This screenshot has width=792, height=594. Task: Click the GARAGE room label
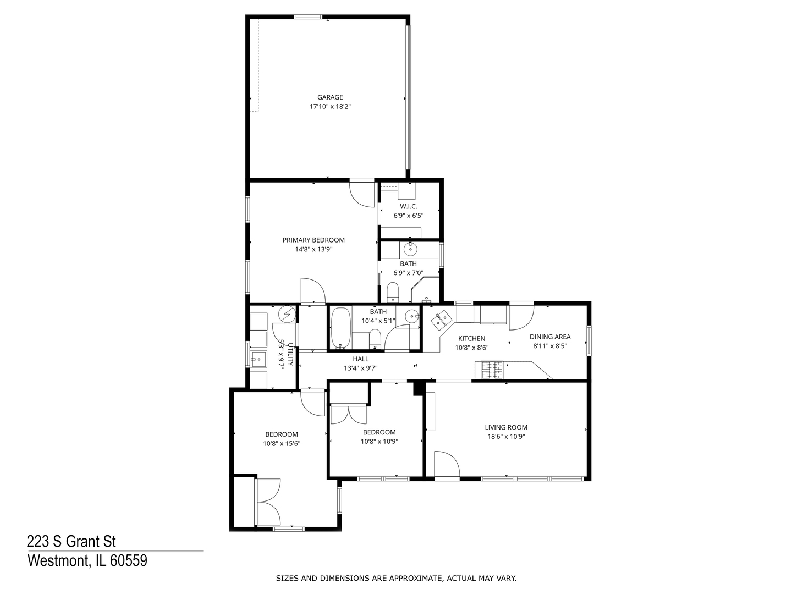tap(330, 97)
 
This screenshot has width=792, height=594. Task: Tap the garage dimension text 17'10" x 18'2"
tap(330, 107)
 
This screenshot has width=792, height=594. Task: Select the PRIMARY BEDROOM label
tap(313, 240)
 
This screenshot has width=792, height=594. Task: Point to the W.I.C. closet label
tap(408, 206)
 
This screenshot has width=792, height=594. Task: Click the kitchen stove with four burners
tap(492, 370)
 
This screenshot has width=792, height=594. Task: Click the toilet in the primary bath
tap(393, 291)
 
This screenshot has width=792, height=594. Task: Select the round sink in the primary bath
tap(410, 250)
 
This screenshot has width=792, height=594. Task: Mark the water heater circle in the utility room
tap(287, 314)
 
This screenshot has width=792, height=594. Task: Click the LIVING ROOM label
tap(506, 427)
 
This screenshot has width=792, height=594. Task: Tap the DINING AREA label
tap(550, 337)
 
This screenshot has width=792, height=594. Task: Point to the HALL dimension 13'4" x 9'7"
tap(361, 368)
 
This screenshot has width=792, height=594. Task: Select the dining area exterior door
tap(521, 316)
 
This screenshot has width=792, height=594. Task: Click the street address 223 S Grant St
tap(71, 542)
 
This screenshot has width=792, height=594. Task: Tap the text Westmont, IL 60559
tap(87, 561)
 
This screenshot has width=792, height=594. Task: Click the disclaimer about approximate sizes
tap(396, 578)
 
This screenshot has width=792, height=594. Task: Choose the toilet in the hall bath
tap(375, 338)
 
